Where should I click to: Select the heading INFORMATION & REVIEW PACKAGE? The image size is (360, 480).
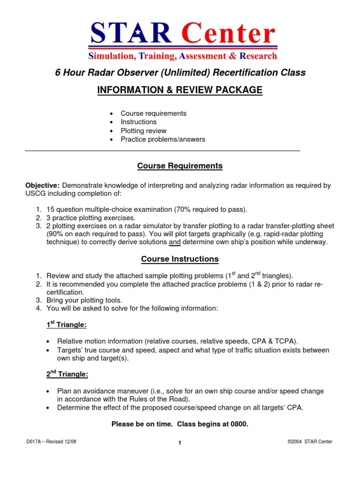180,90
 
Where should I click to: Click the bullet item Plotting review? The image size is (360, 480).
143,131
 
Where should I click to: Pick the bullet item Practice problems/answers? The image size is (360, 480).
163,139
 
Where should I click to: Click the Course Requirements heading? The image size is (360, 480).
180,166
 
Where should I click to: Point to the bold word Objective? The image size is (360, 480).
42,186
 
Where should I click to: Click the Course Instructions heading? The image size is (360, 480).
180,259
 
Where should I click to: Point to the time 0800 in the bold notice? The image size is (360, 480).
238,424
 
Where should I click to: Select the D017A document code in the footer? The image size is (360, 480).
36,442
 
